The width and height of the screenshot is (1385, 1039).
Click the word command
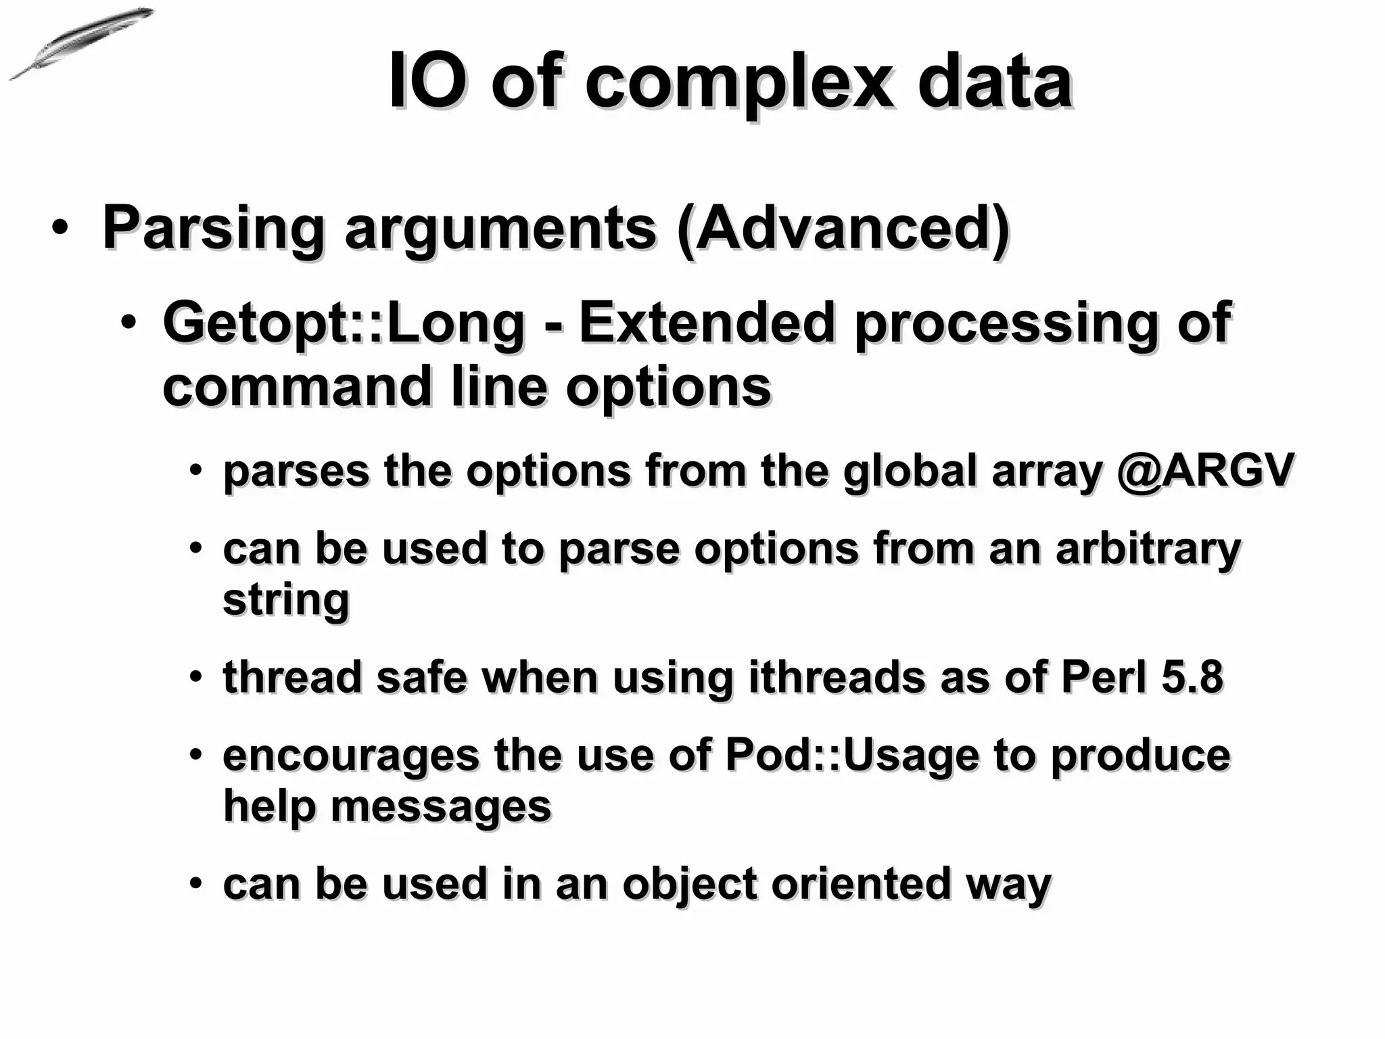click(297, 386)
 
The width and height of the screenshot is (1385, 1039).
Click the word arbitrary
click(1148, 549)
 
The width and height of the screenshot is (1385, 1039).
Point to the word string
click(286, 599)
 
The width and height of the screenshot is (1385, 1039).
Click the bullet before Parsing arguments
click(60, 228)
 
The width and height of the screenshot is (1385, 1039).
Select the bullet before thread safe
click(195, 676)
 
